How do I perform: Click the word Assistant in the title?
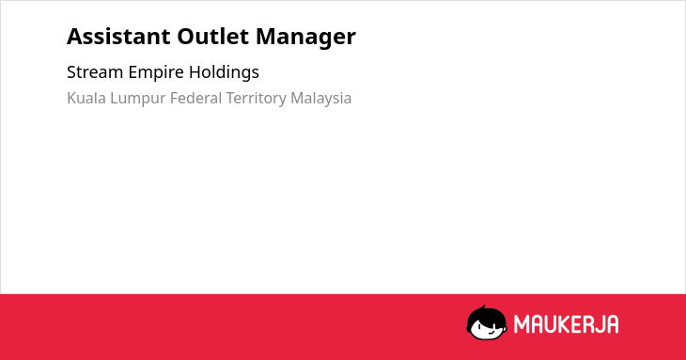tap(118, 37)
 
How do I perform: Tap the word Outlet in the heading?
tap(213, 37)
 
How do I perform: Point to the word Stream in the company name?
tap(95, 72)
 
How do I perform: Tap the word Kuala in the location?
tap(86, 98)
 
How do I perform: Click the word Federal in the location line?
tap(196, 98)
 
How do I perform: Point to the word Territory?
tap(257, 99)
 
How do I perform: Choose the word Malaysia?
tap(321, 99)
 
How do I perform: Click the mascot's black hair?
tap(485, 316)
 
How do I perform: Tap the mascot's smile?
tap(491, 333)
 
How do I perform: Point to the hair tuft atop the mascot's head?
tap(484, 307)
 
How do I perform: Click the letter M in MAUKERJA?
tap(522, 324)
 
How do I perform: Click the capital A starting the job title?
tap(74, 37)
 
